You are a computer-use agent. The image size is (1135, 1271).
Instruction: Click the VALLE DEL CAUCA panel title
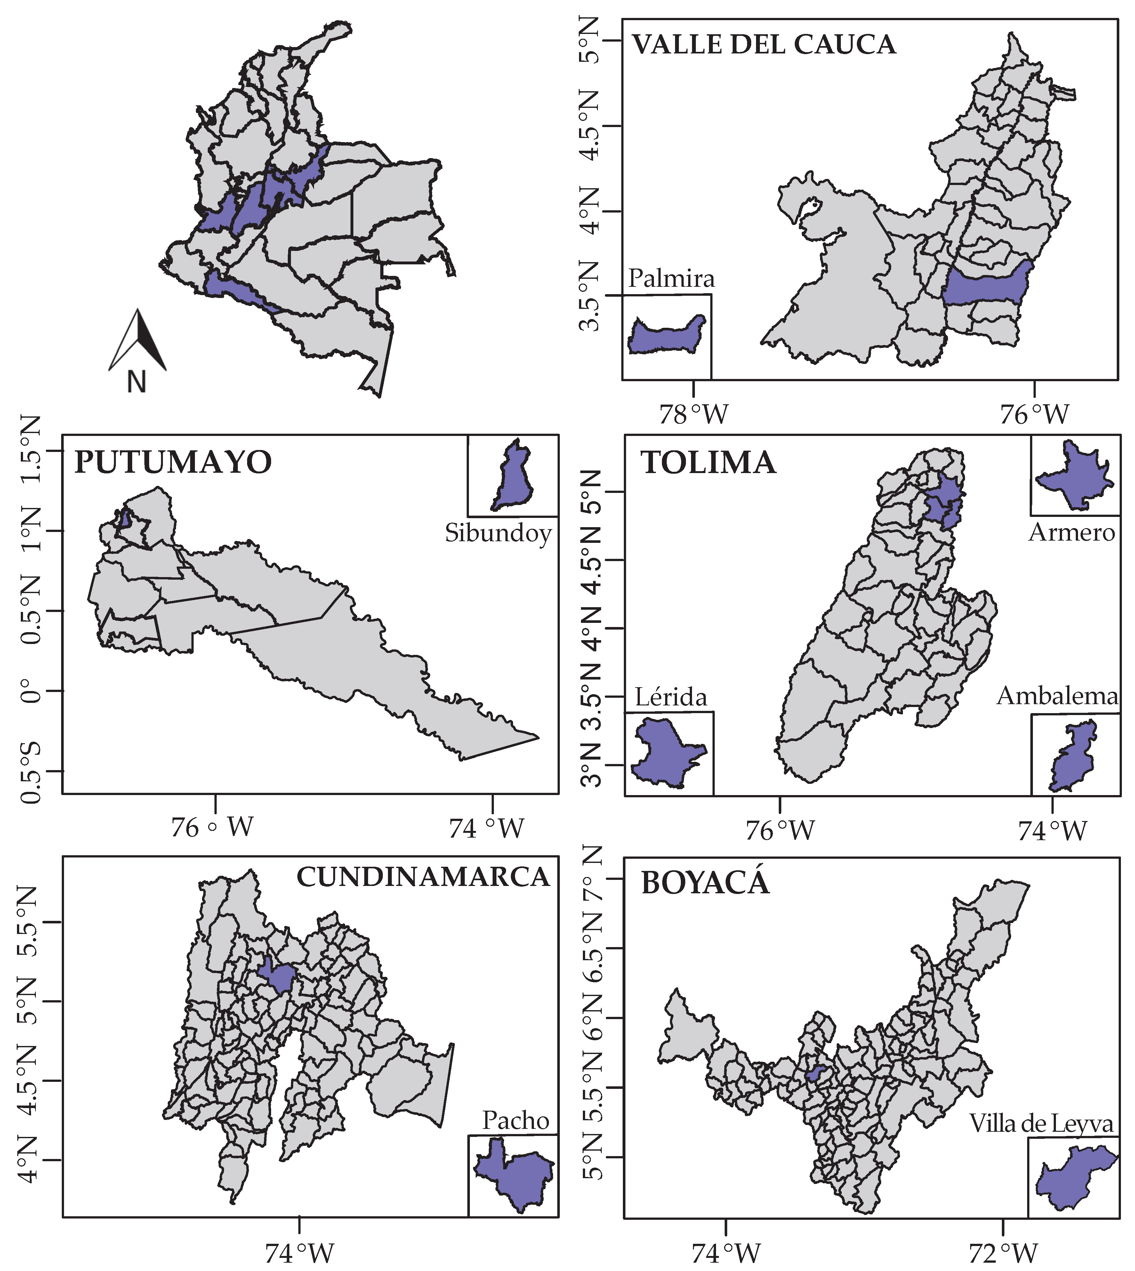click(764, 45)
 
